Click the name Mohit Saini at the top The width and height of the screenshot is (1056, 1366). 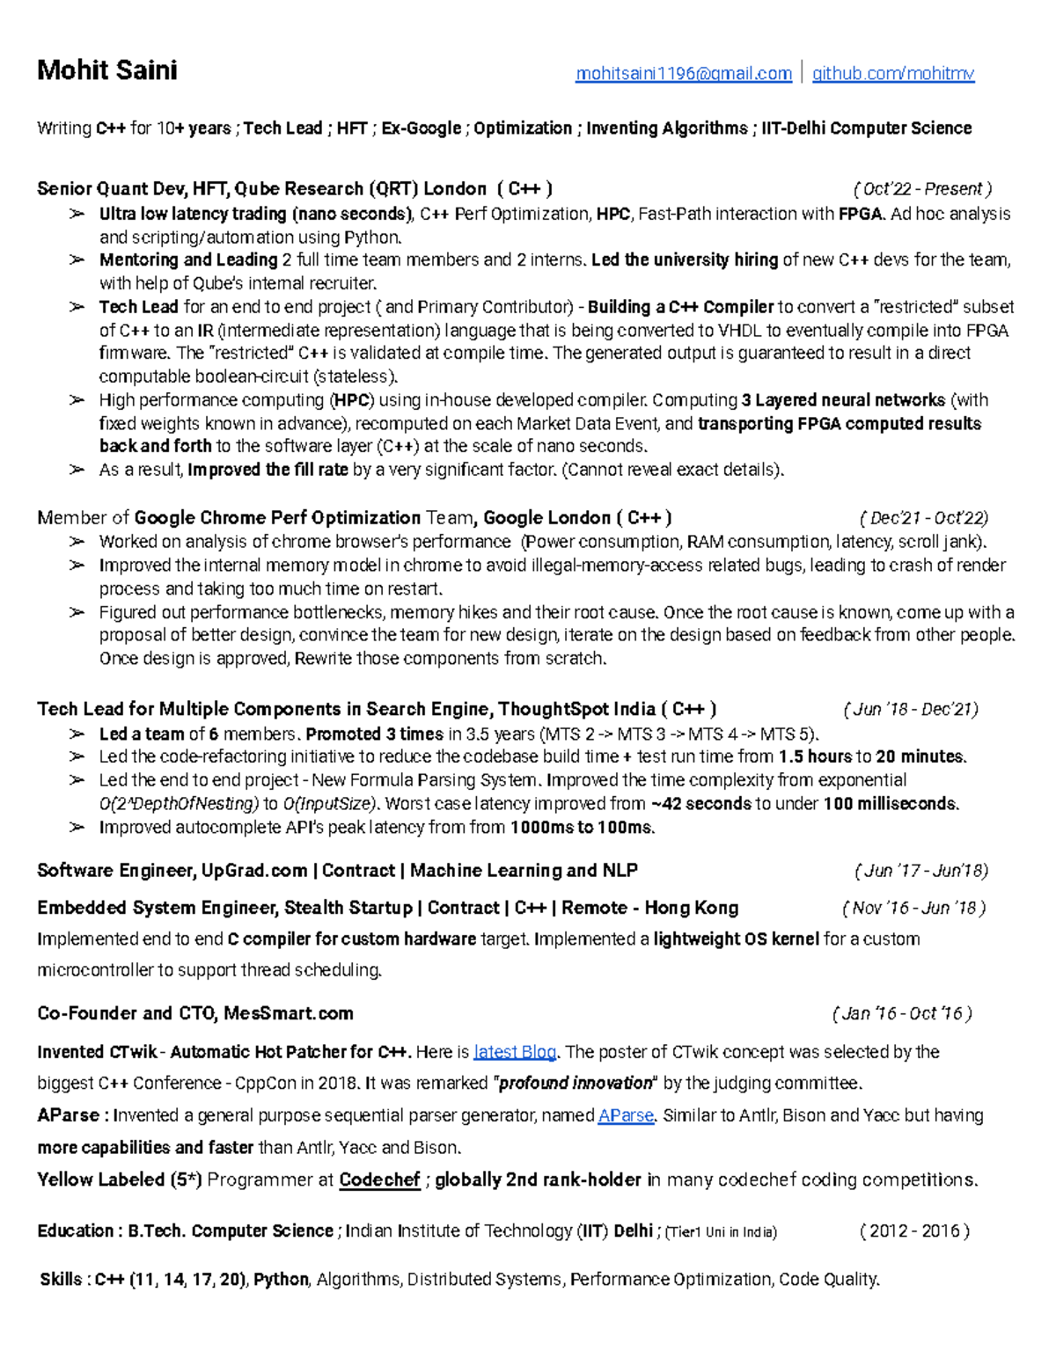pyautogui.click(x=106, y=70)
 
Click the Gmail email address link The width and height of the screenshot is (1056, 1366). pyautogui.click(x=683, y=74)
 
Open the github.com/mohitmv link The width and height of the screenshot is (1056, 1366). pyautogui.click(x=892, y=74)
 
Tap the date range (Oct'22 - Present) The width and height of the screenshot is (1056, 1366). pyautogui.click(x=921, y=189)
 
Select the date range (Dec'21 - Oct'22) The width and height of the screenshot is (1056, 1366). pyautogui.click(x=923, y=518)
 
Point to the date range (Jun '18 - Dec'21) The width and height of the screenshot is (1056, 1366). pyautogui.click(x=910, y=710)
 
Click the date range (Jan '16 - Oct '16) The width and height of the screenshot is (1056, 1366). pyautogui.click(x=901, y=1014)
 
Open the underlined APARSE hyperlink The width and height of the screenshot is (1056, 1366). pyautogui.click(x=626, y=1116)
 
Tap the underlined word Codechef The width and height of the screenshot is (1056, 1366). pyautogui.click(x=379, y=1180)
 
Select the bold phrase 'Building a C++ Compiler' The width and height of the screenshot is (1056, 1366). pyautogui.click(x=680, y=307)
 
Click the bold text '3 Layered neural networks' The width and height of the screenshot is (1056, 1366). pyautogui.click(x=843, y=400)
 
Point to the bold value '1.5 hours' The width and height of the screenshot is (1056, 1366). pyautogui.click(x=815, y=756)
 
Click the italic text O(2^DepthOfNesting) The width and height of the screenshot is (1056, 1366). pyautogui.click(x=180, y=804)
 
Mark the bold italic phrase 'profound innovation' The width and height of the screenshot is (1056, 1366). pyautogui.click(x=576, y=1084)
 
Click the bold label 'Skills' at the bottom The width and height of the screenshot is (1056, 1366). pyautogui.click(x=61, y=1280)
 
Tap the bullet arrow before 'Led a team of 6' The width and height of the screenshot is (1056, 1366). pyautogui.click(x=77, y=734)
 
